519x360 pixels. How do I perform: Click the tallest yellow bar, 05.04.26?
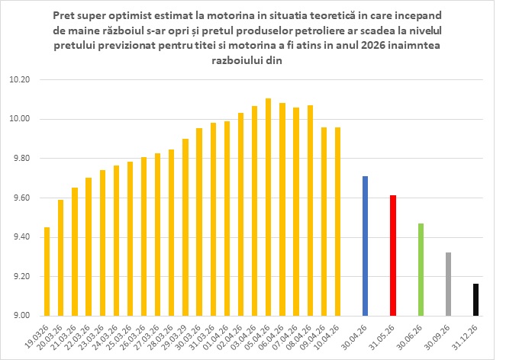(x=268, y=207)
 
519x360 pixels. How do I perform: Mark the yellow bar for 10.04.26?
(x=337, y=221)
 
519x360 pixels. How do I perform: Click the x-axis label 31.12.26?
(x=468, y=333)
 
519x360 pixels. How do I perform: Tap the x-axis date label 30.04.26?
(x=358, y=333)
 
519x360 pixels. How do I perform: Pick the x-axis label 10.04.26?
(x=330, y=333)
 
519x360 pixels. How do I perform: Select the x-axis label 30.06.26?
(x=413, y=333)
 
